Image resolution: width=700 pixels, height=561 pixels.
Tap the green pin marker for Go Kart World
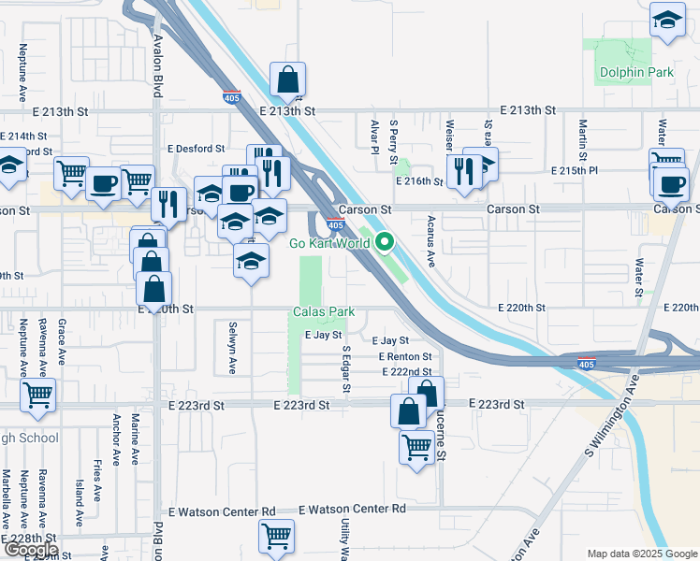click(385, 244)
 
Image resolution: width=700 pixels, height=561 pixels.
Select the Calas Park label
click(322, 310)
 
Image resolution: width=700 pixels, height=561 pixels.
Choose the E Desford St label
click(197, 148)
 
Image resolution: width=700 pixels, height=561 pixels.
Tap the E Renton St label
click(405, 357)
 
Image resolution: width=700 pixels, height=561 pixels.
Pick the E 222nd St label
click(405, 372)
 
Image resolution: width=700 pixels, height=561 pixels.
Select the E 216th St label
click(418, 181)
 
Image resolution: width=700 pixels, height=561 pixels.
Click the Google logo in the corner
click(30, 549)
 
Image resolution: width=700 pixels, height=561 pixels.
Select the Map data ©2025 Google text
click(642, 554)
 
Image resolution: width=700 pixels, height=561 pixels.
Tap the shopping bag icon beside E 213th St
click(288, 80)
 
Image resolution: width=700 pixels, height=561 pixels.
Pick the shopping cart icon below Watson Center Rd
click(276, 536)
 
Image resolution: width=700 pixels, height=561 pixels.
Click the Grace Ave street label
click(61, 341)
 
